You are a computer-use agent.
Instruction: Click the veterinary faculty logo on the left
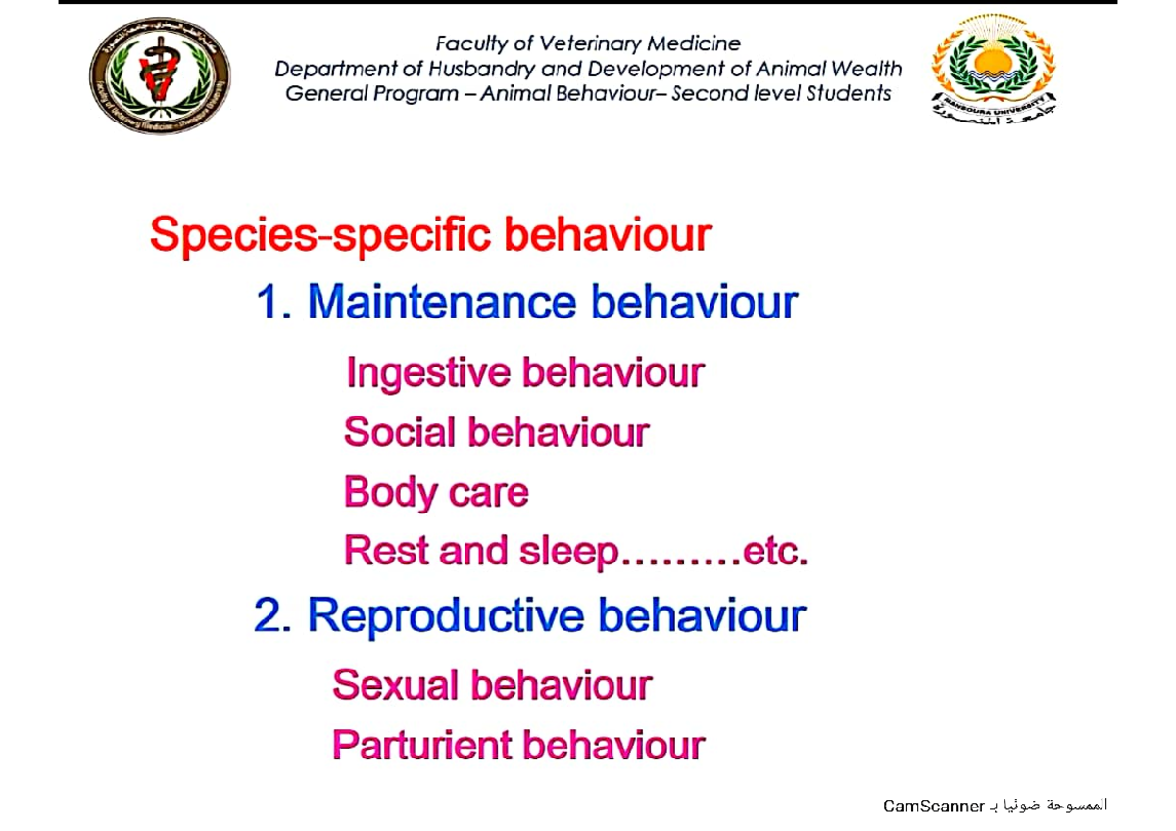click(x=160, y=75)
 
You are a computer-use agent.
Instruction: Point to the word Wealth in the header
click(x=865, y=70)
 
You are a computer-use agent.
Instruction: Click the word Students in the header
click(x=846, y=94)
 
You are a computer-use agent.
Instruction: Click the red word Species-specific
click(x=320, y=236)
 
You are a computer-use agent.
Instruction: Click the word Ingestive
click(x=428, y=373)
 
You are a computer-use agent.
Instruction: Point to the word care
click(x=489, y=493)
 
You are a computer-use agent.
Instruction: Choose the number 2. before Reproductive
click(x=273, y=615)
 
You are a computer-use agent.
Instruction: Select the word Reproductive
click(x=447, y=616)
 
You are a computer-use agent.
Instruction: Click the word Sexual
click(x=396, y=685)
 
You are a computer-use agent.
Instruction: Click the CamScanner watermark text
click(x=933, y=806)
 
